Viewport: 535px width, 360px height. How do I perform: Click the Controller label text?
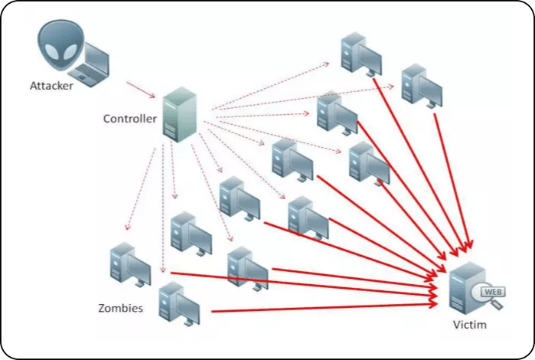tap(130, 119)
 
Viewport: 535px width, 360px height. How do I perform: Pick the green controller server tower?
tap(175, 115)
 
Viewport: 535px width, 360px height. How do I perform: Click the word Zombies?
tap(120, 309)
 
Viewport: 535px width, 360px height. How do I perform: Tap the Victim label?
tap(468, 326)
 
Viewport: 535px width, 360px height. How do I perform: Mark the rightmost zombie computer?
tap(422, 84)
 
